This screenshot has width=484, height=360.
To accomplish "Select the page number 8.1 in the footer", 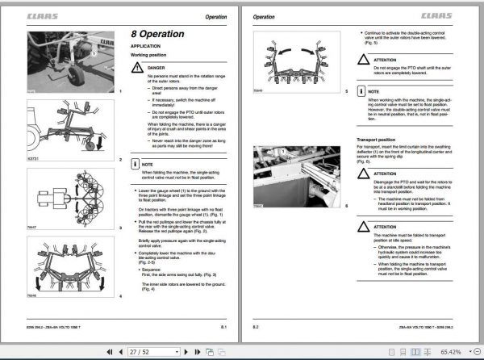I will coord(224,326).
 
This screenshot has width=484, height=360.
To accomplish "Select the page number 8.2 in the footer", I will coord(256,326).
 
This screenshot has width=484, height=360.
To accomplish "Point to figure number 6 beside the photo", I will coord(347,207).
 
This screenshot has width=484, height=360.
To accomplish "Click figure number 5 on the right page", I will coord(347,94).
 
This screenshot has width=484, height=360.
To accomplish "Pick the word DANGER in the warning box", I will coord(156,69).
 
